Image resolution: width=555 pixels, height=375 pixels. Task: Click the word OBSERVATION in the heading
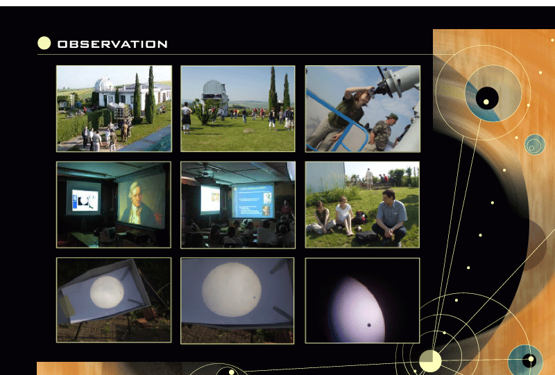click(x=112, y=44)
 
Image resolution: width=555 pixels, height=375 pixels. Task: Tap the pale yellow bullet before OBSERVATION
click(x=44, y=43)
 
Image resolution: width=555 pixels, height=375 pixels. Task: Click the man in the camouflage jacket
click(x=383, y=132)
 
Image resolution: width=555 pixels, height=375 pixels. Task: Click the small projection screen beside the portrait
click(x=83, y=198)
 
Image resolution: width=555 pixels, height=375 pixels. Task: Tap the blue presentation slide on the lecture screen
click(x=253, y=201)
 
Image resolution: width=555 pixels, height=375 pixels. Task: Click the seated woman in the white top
click(x=344, y=214)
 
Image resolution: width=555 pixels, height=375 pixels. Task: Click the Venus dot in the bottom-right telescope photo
click(x=369, y=325)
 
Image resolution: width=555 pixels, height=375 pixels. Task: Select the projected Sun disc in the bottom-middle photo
click(x=232, y=289)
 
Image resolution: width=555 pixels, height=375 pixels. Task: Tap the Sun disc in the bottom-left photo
click(x=107, y=292)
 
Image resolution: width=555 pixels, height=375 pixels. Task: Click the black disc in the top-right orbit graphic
click(x=487, y=98)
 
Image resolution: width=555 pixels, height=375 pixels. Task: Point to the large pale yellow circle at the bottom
click(x=430, y=361)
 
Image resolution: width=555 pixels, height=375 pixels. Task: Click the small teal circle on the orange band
click(x=535, y=144)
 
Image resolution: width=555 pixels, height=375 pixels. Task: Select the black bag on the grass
click(x=367, y=236)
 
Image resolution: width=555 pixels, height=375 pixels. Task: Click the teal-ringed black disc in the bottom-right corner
click(x=526, y=360)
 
